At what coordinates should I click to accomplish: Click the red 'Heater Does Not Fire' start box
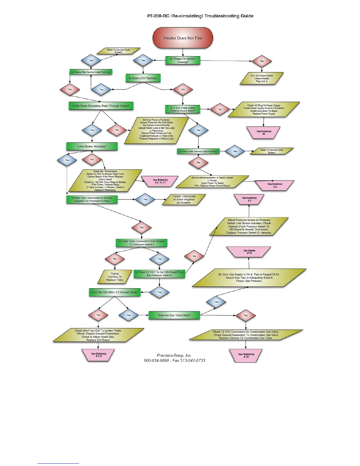click(x=183, y=38)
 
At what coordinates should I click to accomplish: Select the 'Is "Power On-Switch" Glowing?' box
click(x=183, y=60)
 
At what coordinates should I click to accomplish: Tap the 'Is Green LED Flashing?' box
click(x=143, y=78)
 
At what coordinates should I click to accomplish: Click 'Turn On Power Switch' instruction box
click(x=262, y=79)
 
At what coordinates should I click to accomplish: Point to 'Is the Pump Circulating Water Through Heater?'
click(x=101, y=106)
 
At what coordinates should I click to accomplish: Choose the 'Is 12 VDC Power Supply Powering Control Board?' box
click(x=183, y=109)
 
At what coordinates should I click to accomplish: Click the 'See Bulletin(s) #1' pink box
click(x=264, y=132)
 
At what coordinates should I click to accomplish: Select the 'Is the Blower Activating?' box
click(x=92, y=146)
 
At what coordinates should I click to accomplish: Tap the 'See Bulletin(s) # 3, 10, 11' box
click(x=160, y=181)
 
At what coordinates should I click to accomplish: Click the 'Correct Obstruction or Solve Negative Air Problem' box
click(x=184, y=199)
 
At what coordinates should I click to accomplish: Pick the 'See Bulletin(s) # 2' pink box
click(x=249, y=199)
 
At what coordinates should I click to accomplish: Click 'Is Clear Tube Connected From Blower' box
click(x=141, y=243)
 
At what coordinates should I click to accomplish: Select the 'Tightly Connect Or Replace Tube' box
click(x=115, y=277)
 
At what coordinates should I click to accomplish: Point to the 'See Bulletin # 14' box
click(x=249, y=252)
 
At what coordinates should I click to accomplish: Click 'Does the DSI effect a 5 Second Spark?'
click(x=115, y=292)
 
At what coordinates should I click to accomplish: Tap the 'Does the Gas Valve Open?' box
click(x=174, y=315)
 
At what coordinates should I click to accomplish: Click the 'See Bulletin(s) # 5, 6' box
click(x=99, y=355)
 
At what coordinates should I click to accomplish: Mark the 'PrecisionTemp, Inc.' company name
click(x=174, y=355)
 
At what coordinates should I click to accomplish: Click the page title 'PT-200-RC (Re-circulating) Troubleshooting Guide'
click(x=200, y=16)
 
